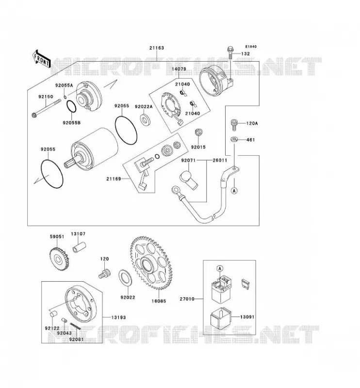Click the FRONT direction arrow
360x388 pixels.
tap(41, 59)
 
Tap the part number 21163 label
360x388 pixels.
tap(157, 48)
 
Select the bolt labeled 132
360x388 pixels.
tap(230, 52)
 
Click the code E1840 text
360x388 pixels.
tap(251, 47)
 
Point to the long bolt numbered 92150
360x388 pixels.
tap(46, 108)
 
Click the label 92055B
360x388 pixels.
tap(71, 123)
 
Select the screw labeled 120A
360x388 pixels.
tap(234, 125)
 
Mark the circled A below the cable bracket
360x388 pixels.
tap(234, 191)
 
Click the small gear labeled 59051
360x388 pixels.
tap(59, 259)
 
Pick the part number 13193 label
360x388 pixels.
tap(118, 317)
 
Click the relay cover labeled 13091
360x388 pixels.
tap(220, 318)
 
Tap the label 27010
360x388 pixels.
tap(187, 299)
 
